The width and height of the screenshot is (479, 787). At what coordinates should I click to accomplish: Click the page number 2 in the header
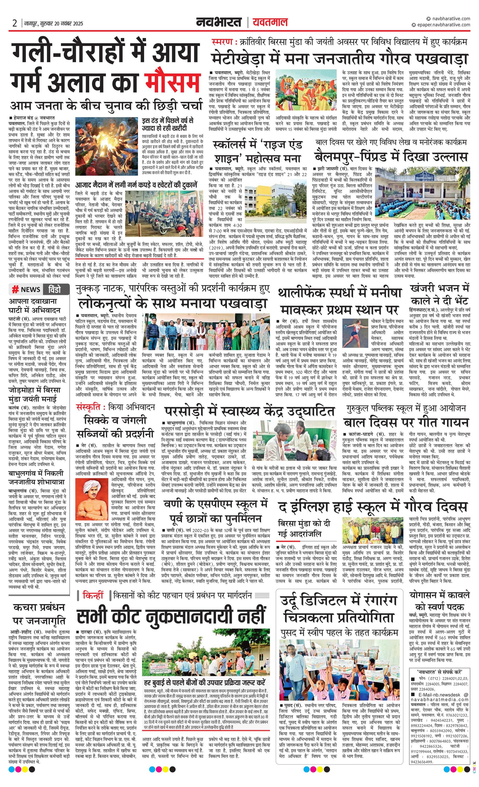click(15, 23)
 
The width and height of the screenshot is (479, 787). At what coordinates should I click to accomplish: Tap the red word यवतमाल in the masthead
click(270, 22)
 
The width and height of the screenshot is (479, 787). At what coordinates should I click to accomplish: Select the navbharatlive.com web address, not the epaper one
click(450, 19)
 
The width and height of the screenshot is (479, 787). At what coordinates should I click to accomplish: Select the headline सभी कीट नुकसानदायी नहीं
click(171, 616)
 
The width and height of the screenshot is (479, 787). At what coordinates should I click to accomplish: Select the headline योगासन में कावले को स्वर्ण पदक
click(440, 601)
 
